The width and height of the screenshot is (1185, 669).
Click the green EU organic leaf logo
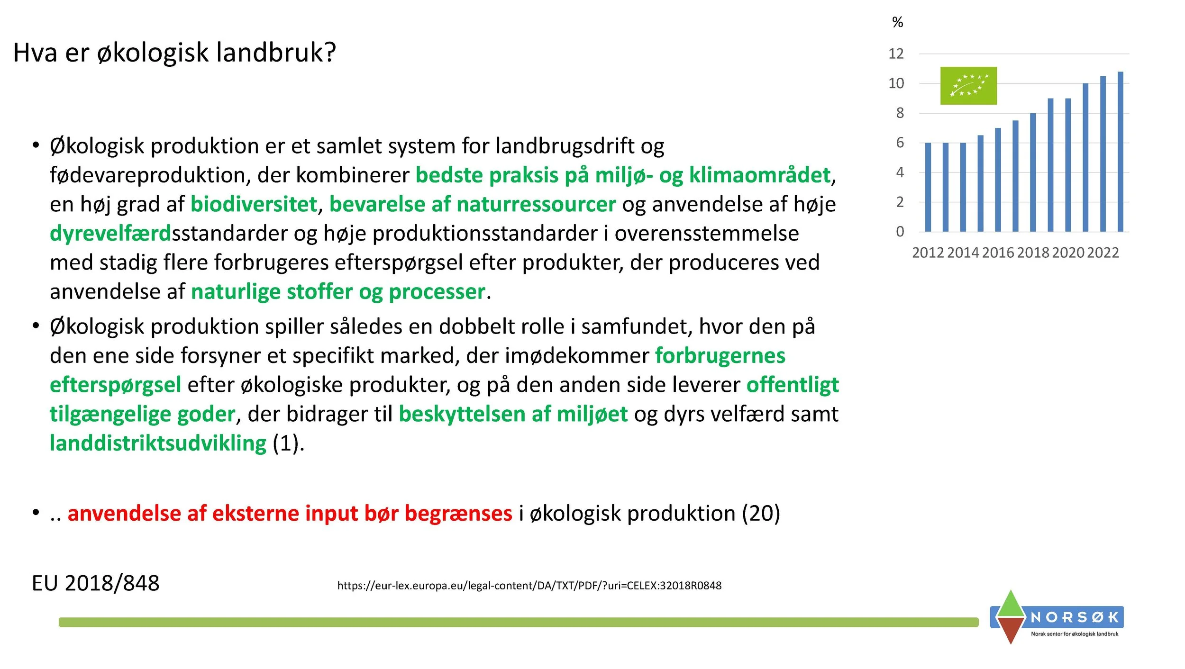(x=968, y=85)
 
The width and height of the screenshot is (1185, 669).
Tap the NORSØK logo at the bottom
(x=1057, y=617)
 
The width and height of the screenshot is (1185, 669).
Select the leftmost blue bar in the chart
(x=928, y=187)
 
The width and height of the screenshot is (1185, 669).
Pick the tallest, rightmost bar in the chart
(x=1121, y=152)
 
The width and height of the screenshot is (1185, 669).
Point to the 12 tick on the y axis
(x=896, y=54)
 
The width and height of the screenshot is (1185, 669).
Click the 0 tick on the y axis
(x=900, y=232)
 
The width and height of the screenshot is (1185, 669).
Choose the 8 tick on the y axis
(x=900, y=113)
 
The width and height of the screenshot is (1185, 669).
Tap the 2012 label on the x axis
(x=928, y=253)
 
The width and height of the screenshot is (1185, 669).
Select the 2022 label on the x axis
(x=1103, y=253)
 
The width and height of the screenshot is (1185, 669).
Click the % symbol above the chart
(x=897, y=22)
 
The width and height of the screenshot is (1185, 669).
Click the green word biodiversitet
(x=254, y=204)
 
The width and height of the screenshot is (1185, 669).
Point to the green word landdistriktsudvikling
(x=158, y=443)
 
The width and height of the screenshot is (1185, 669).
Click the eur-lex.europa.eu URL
(x=529, y=586)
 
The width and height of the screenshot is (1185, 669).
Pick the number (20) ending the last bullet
(x=761, y=513)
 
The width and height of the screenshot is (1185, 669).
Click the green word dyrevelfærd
(x=110, y=233)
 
